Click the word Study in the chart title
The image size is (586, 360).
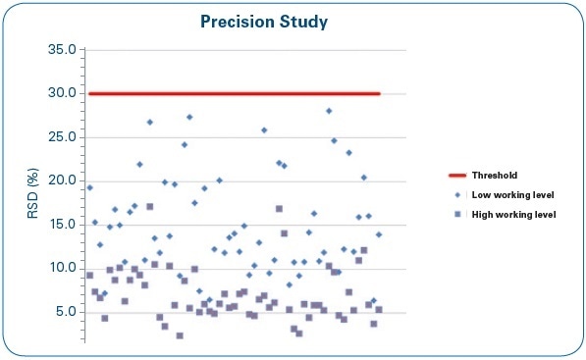click(x=317, y=20)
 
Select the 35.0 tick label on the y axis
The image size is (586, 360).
click(x=63, y=50)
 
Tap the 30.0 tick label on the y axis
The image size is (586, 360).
click(x=63, y=94)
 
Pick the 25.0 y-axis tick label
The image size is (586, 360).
click(x=63, y=137)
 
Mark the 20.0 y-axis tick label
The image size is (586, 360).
click(x=63, y=180)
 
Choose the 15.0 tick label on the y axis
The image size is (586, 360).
click(x=63, y=225)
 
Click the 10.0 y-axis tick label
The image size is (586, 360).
click(x=63, y=268)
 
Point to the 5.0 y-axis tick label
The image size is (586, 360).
click(x=66, y=312)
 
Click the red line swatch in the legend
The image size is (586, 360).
click(x=457, y=176)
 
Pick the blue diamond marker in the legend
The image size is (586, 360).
click(x=457, y=194)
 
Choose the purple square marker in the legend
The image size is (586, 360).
click(x=457, y=214)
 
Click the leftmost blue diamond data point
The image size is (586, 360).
click(x=89, y=187)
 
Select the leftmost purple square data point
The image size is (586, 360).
click(x=89, y=276)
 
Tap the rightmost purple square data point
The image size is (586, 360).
click(x=379, y=310)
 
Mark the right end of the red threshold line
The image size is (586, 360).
click(x=379, y=94)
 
